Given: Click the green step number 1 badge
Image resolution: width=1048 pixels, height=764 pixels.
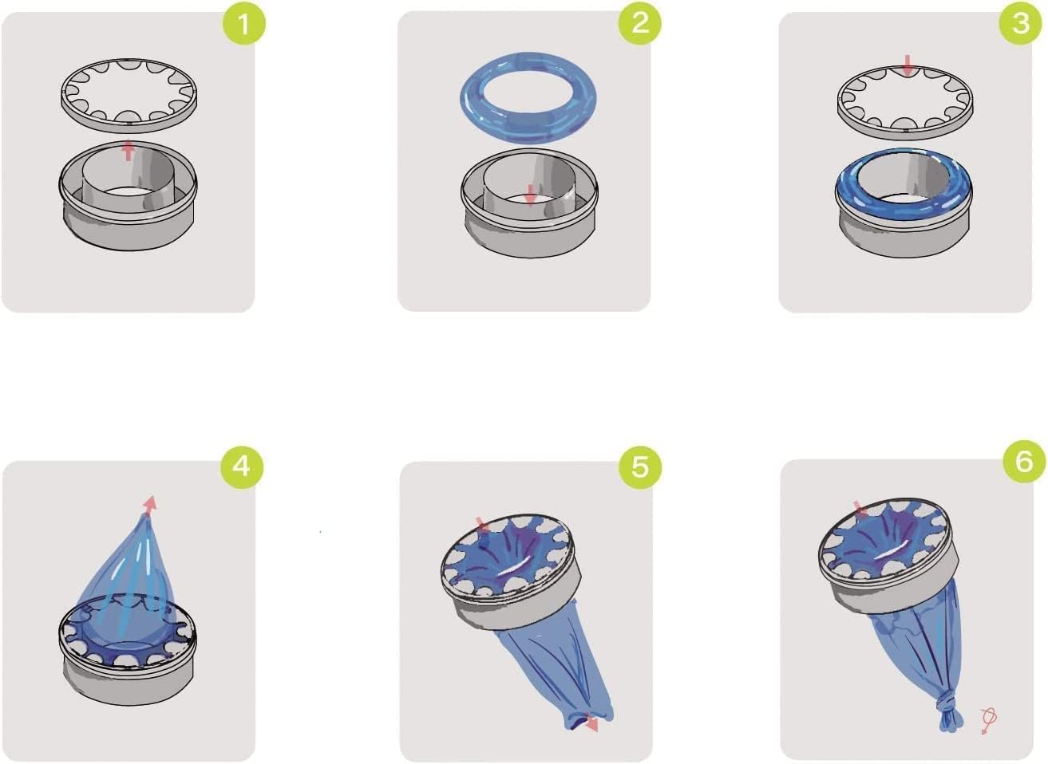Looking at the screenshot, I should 243,24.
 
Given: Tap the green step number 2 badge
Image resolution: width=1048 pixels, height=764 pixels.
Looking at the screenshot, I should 640,24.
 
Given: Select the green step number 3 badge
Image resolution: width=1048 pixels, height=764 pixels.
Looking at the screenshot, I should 1021,24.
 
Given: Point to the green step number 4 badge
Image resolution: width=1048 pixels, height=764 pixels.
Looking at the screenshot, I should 241,465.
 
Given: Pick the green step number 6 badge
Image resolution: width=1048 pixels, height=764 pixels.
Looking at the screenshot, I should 1024,462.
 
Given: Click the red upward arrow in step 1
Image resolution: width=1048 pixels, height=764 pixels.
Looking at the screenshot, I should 128,150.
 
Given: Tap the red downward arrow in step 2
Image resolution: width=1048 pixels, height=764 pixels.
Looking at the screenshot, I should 530,193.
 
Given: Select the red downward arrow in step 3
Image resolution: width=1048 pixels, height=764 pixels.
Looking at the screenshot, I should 907,65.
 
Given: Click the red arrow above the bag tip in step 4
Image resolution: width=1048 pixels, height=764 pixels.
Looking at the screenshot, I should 149,503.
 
